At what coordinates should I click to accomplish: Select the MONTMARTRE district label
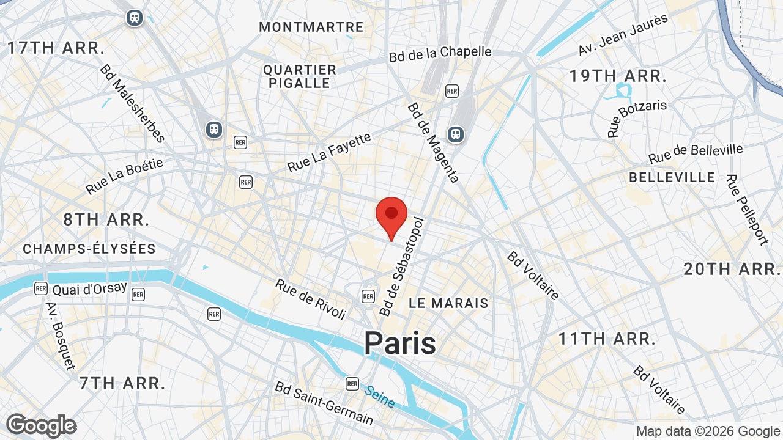[311, 27]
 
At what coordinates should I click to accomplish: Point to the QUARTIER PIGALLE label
[300, 76]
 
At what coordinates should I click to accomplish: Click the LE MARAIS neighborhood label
[448, 303]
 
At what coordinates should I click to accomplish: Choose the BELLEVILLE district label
[672, 177]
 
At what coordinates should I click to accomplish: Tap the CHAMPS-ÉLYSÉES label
[89, 249]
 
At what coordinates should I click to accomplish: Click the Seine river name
[380, 396]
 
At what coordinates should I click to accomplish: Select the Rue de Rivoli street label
[311, 299]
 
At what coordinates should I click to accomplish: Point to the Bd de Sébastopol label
[402, 266]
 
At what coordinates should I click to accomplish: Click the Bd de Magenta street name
[433, 142]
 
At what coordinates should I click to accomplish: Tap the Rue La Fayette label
[329, 152]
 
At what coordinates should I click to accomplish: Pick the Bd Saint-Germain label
[324, 403]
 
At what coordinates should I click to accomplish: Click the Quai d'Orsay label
[90, 288]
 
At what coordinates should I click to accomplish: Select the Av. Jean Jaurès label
[623, 35]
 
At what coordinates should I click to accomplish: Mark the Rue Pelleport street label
[747, 209]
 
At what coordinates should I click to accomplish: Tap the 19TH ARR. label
[618, 76]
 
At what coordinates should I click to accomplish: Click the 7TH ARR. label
[122, 383]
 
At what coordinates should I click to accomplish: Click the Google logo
[41, 426]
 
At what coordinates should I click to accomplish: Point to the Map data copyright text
[708, 431]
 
